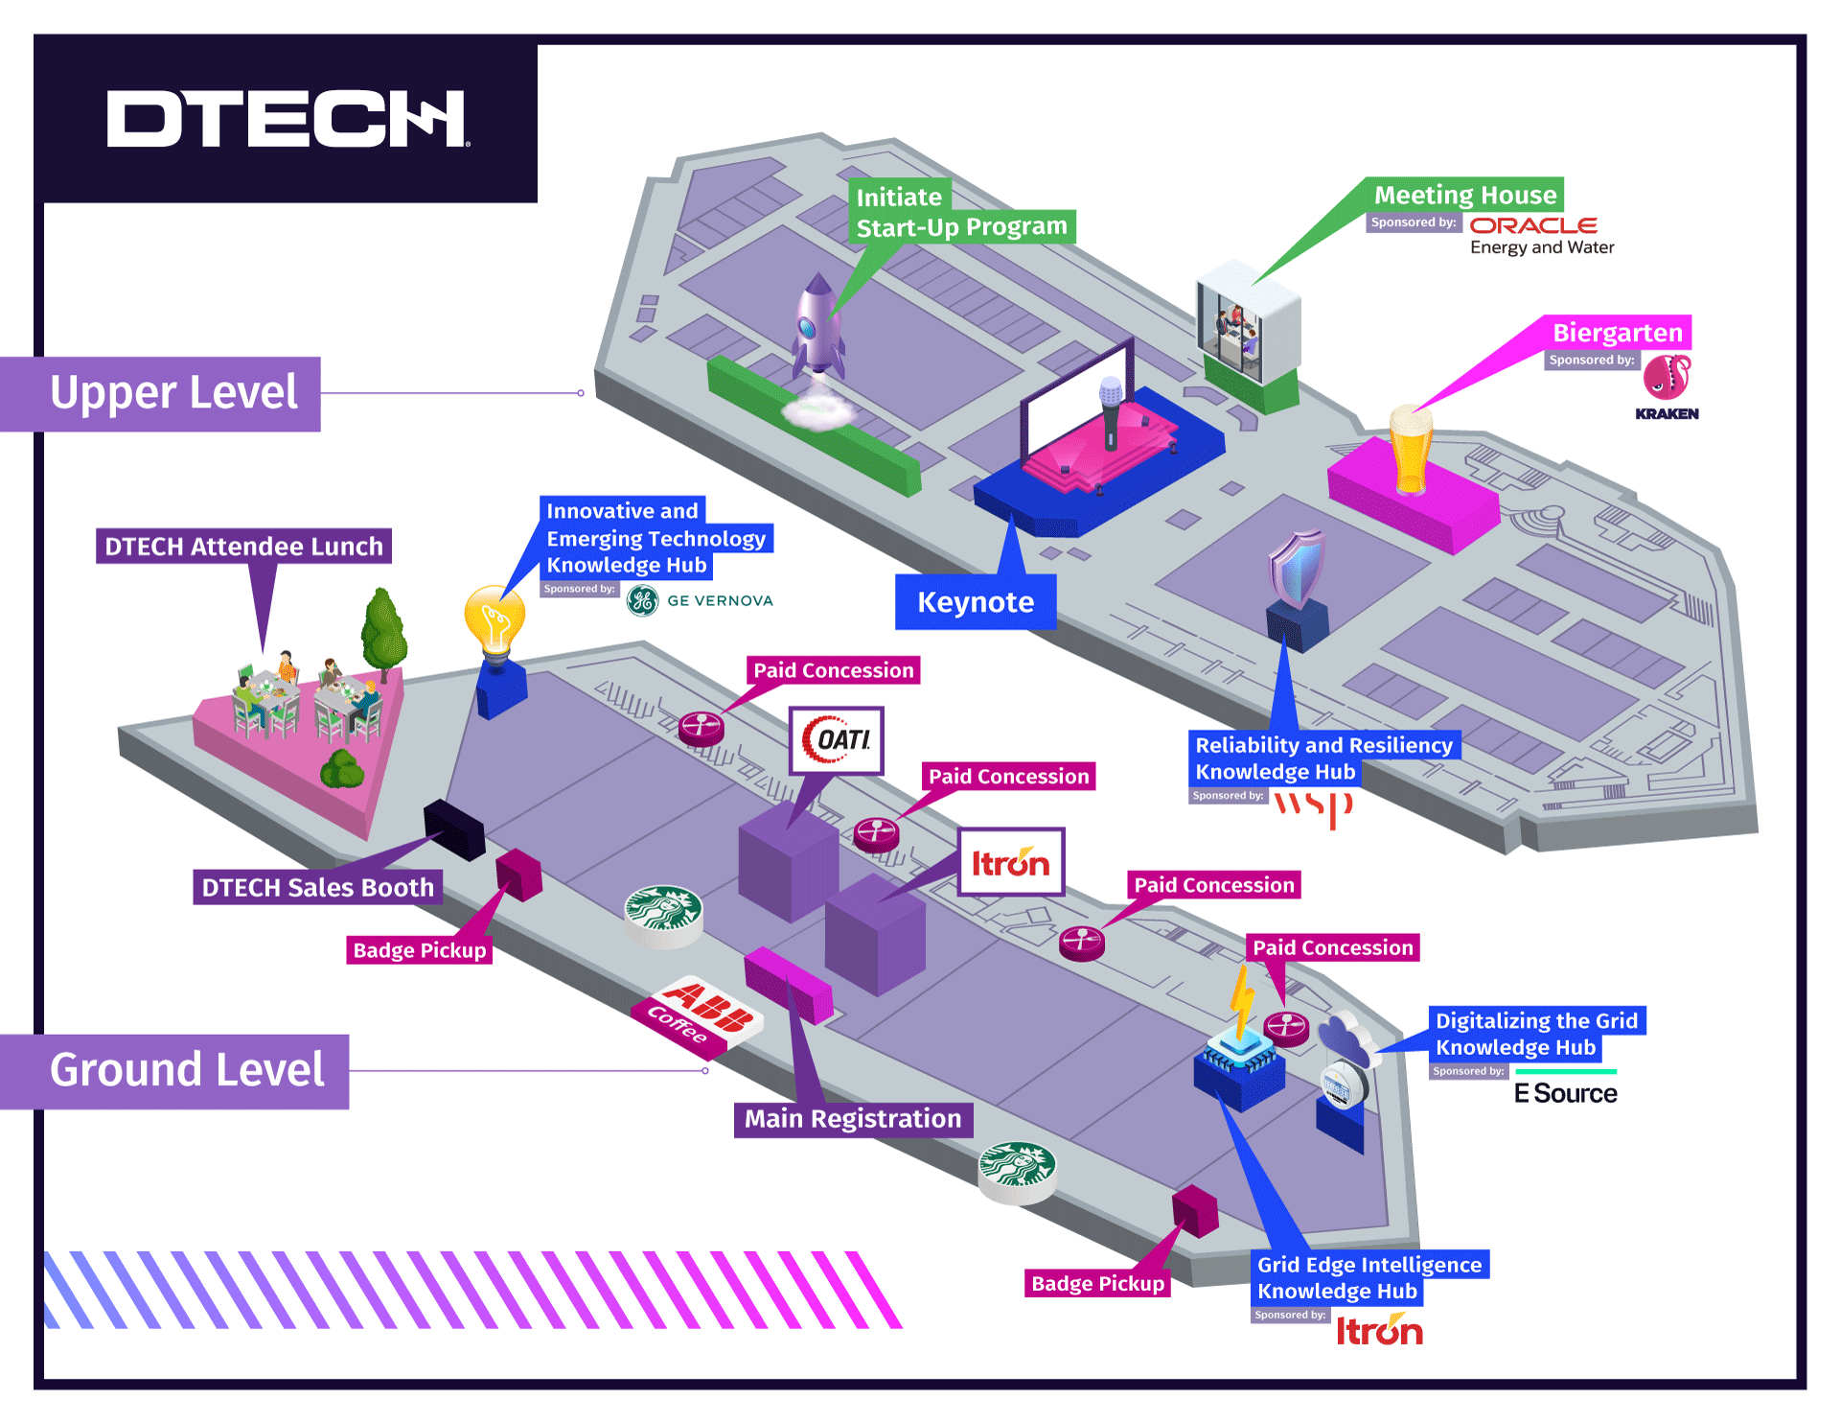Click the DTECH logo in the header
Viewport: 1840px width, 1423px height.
(x=287, y=119)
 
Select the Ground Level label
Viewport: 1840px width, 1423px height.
(x=187, y=1070)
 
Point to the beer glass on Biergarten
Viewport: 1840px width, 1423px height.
(x=1411, y=449)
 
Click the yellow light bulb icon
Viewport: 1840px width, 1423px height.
(x=494, y=621)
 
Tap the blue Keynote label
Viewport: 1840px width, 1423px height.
(x=975, y=602)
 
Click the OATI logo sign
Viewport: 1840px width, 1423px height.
(x=836, y=740)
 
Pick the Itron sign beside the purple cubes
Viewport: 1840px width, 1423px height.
(x=1010, y=862)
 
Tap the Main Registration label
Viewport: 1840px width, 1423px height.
(x=852, y=1119)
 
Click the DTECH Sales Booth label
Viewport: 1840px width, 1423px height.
(x=317, y=888)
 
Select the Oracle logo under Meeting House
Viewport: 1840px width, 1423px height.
(x=1533, y=226)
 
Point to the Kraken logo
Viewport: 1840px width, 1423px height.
(x=1667, y=386)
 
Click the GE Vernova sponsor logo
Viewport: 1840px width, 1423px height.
(x=701, y=600)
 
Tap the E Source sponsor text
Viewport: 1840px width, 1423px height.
(x=1565, y=1094)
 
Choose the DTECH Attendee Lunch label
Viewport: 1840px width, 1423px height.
(x=243, y=547)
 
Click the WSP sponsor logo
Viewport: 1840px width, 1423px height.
(x=1312, y=806)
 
